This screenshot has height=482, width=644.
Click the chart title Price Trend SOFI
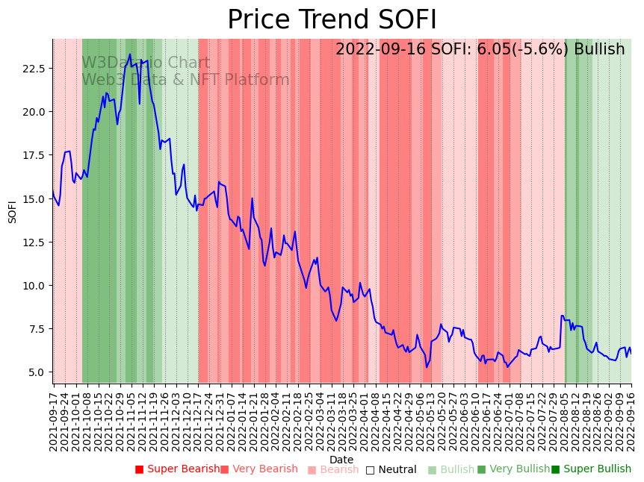pyautogui.click(x=332, y=20)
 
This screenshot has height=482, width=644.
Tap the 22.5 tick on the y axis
pyautogui.click(x=37, y=69)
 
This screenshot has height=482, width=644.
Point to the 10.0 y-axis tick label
pyautogui.click(x=37, y=286)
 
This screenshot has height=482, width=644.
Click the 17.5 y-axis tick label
pyautogui.click(x=37, y=155)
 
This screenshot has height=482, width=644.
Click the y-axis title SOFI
pyautogui.click(x=12, y=211)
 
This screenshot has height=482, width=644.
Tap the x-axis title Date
pyautogui.click(x=341, y=460)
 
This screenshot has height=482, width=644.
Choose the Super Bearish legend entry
pyautogui.click(x=178, y=469)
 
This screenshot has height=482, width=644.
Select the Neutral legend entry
pyautogui.click(x=391, y=469)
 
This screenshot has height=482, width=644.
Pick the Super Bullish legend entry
pyautogui.click(x=591, y=469)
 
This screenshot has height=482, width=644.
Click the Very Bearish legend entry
pyautogui.click(x=259, y=469)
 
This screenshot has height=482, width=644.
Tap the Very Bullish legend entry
pyautogui.click(x=513, y=469)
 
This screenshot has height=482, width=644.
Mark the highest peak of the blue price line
pyautogui.click(x=130, y=54)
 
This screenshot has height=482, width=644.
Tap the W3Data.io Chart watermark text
pyautogui.click(x=146, y=63)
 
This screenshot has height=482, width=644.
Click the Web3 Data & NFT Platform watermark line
pyautogui.click(x=185, y=80)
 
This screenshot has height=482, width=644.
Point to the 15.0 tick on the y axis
pyautogui.click(x=37, y=199)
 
